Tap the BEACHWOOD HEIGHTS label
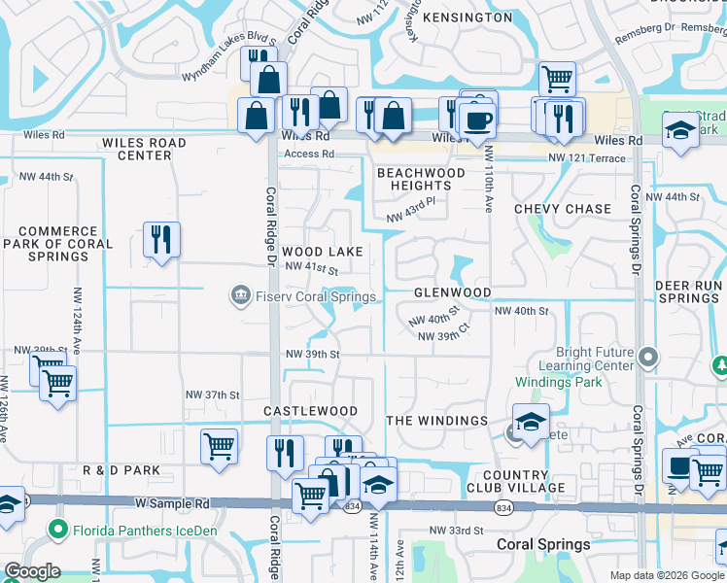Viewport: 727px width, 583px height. [x=421, y=179]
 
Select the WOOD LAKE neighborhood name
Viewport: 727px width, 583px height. [x=323, y=252]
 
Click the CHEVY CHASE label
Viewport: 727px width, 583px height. [x=563, y=209]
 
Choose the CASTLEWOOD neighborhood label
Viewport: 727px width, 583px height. [x=311, y=411]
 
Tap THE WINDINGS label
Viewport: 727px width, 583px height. [x=436, y=421]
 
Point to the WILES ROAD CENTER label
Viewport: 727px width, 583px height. [x=144, y=149]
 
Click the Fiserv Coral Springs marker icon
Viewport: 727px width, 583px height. [x=240, y=294]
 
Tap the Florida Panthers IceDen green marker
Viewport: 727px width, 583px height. [x=57, y=531]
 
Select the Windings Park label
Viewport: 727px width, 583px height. [x=558, y=382]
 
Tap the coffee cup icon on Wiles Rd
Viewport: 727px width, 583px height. [x=476, y=120]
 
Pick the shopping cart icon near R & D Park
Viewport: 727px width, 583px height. [x=219, y=447]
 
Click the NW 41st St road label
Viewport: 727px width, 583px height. [x=311, y=268]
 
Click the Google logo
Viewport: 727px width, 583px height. [x=32, y=571]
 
